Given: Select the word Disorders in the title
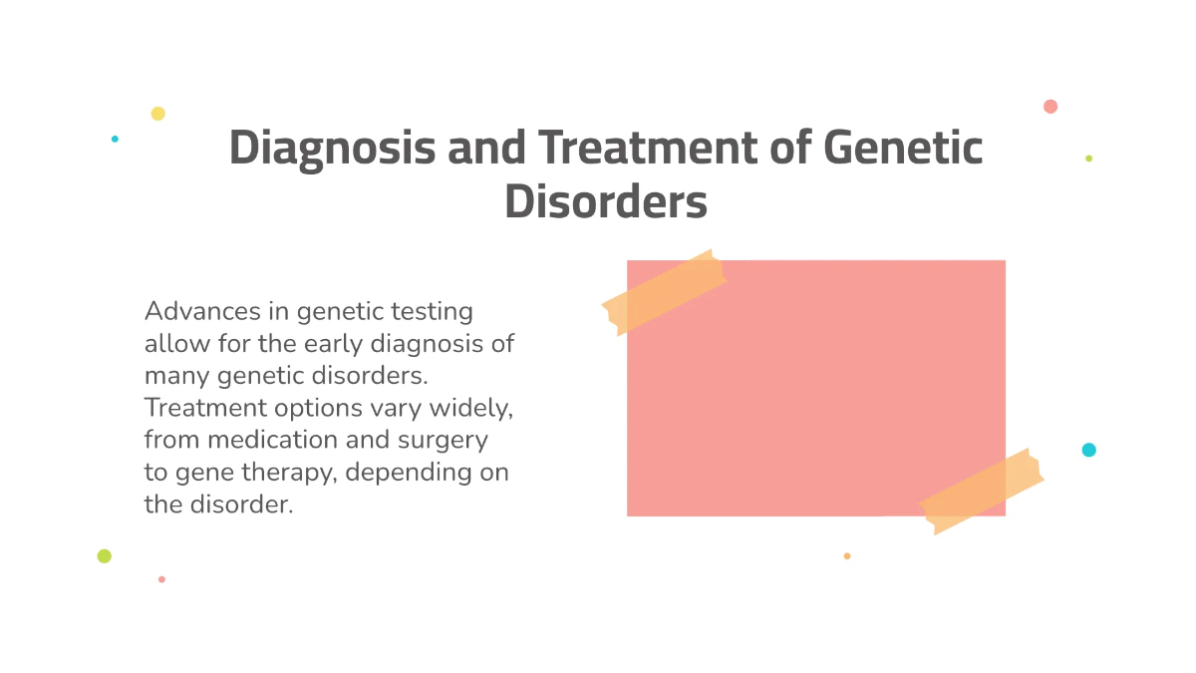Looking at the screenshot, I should (x=605, y=201).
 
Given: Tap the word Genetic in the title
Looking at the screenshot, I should (x=903, y=149).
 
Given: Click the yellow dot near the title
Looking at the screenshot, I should (x=157, y=114).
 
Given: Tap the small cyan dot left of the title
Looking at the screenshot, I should (x=115, y=139).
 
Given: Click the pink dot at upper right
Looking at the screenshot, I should (x=1050, y=107).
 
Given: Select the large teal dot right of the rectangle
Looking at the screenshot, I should (x=1088, y=450).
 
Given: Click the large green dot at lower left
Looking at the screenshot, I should (x=104, y=556).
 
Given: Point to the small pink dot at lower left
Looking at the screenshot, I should (x=161, y=579).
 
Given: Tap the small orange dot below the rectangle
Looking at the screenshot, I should (x=847, y=556).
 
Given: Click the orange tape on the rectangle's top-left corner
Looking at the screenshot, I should (x=664, y=291).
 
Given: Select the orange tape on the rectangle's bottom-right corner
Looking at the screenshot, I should (x=981, y=491).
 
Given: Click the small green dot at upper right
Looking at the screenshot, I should (x=1088, y=159).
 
